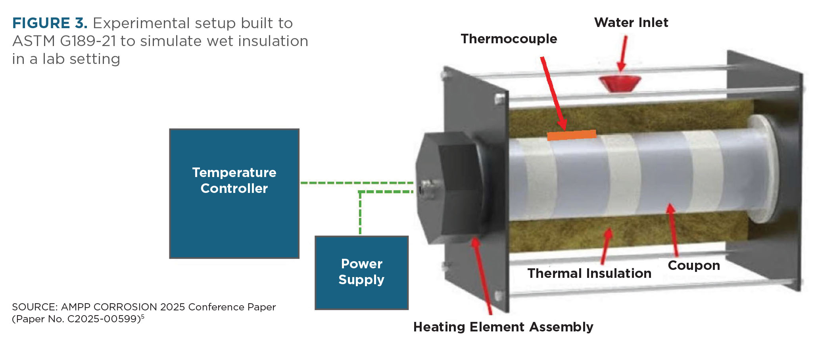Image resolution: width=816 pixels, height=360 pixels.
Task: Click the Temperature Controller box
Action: tap(234, 193)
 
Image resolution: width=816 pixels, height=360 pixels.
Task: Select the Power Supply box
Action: tap(361, 273)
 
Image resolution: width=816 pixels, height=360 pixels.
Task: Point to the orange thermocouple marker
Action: tap(572, 135)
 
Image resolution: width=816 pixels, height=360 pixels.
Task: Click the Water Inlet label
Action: tap(631, 23)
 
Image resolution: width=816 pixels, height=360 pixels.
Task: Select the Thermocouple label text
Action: tap(509, 39)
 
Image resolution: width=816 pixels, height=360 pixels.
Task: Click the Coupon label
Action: tap(694, 266)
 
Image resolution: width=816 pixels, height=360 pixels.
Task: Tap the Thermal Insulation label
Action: tap(589, 273)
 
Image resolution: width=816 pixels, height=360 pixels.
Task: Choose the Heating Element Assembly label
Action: tap(503, 327)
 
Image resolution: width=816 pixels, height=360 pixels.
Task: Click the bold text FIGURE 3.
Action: tap(50, 23)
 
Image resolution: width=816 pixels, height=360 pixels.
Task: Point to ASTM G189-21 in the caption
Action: tap(64, 41)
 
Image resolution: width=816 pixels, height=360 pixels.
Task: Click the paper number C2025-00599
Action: tap(104, 319)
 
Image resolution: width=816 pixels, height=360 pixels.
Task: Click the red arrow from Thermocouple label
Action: tap(554, 93)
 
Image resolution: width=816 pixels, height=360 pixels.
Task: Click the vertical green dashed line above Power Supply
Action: tap(360, 213)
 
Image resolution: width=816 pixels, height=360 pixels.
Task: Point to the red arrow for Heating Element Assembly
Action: tap(482, 276)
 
